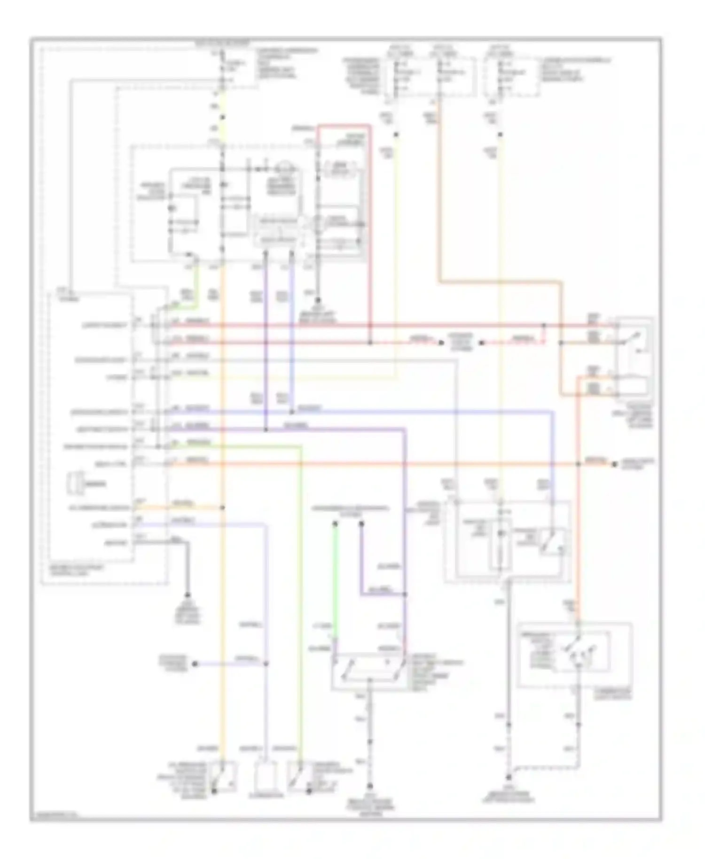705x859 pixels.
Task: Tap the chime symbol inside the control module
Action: coord(76,484)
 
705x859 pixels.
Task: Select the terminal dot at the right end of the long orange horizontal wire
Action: coord(613,464)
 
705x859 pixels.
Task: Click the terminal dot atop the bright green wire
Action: coord(335,523)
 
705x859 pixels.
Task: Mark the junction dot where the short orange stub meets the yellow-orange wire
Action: coord(222,508)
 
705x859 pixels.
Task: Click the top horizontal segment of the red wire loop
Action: coord(343,126)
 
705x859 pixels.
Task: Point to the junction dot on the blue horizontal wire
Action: coord(292,412)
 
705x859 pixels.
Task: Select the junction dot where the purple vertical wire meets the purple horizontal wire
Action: coord(266,429)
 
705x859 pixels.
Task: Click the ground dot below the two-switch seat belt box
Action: coord(370,785)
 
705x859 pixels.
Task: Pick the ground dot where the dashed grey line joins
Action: coord(509,778)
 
